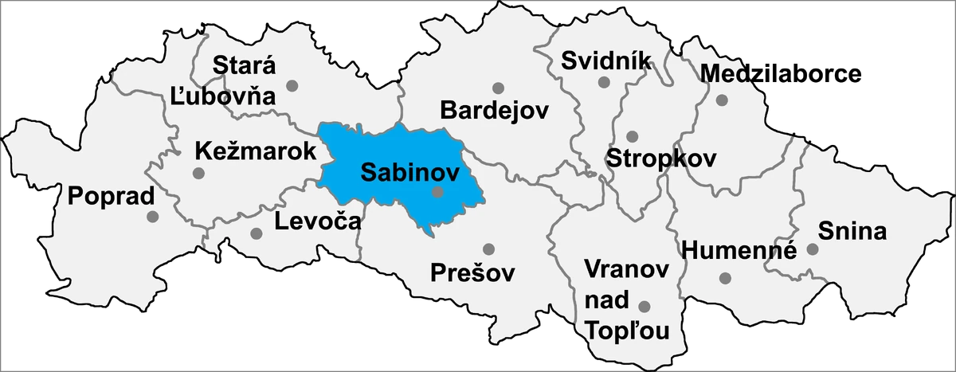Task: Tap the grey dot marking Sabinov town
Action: [437, 192]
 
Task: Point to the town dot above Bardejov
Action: [499, 88]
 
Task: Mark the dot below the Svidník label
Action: [604, 82]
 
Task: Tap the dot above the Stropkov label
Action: [632, 136]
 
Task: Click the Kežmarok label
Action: [250, 151]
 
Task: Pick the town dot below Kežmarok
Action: [199, 173]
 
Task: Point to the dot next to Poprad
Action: [153, 216]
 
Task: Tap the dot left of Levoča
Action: [257, 233]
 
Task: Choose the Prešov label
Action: [472, 272]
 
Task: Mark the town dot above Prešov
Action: [488, 249]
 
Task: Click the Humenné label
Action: [739, 251]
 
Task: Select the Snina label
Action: [852, 231]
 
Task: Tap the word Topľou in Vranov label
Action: [626, 329]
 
